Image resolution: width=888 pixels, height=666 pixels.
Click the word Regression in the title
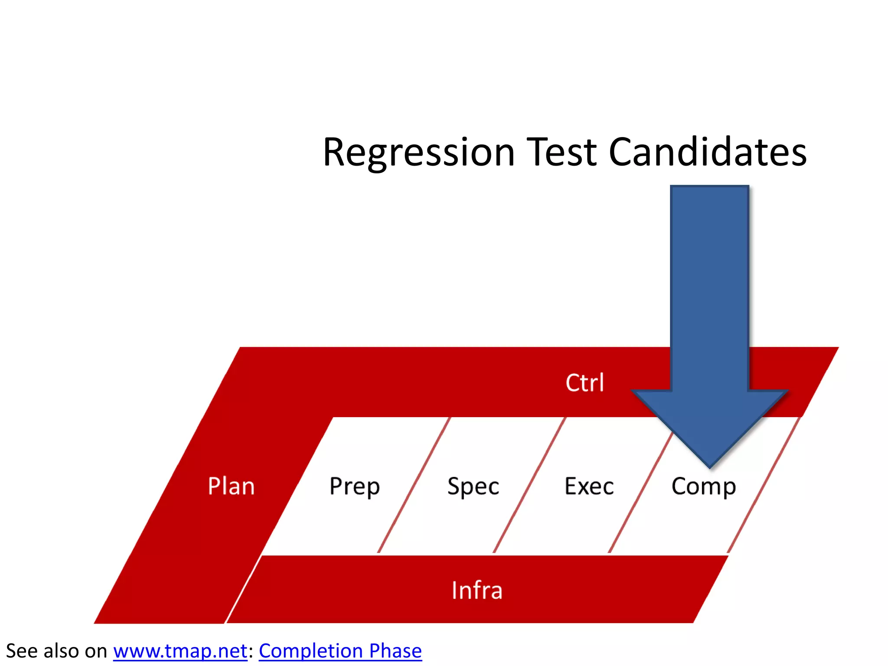click(418, 153)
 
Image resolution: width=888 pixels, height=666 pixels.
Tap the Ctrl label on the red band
click(584, 383)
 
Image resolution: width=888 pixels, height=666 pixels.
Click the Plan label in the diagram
click(231, 486)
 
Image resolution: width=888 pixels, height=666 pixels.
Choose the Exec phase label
click(589, 486)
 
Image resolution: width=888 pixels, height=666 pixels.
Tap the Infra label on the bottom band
click(477, 591)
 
